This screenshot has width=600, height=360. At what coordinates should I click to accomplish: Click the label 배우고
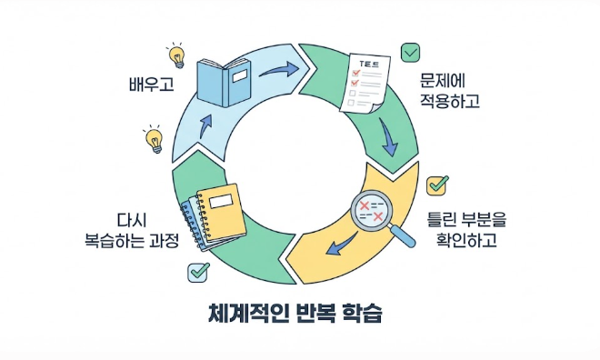[152, 85]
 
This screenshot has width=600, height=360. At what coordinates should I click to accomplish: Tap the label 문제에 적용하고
[450, 91]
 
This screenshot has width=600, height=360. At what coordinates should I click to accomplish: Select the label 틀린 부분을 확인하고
[466, 230]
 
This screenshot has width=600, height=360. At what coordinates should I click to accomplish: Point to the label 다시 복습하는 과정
[132, 231]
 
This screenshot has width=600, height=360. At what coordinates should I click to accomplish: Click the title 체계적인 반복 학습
[295, 314]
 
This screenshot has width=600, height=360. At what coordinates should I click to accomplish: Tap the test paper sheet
[365, 85]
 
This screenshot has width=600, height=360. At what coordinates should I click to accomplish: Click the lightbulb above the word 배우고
[176, 55]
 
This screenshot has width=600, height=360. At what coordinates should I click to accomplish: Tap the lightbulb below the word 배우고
[154, 139]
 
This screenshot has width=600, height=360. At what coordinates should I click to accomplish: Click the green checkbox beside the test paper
[410, 53]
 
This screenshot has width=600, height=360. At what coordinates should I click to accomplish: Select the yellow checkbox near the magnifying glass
[437, 185]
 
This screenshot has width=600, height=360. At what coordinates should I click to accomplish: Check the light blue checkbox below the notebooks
[198, 272]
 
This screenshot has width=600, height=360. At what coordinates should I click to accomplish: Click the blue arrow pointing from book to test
[279, 70]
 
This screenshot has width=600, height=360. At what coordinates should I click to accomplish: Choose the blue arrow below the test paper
[388, 136]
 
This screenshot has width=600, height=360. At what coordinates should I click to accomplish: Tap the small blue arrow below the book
[205, 125]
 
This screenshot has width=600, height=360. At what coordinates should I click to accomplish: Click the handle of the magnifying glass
[403, 235]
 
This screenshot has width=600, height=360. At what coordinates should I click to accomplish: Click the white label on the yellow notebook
[221, 201]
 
